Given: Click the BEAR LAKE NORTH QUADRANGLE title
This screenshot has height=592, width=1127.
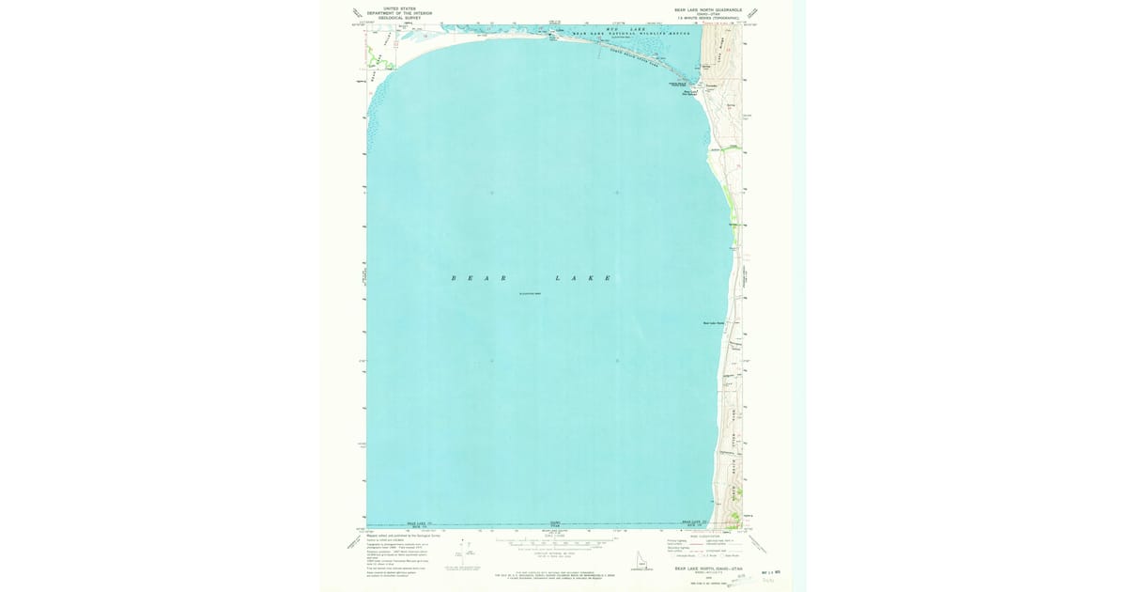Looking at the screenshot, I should click(x=707, y=9).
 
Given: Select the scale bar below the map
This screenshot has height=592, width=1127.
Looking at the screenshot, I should click(x=552, y=543).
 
